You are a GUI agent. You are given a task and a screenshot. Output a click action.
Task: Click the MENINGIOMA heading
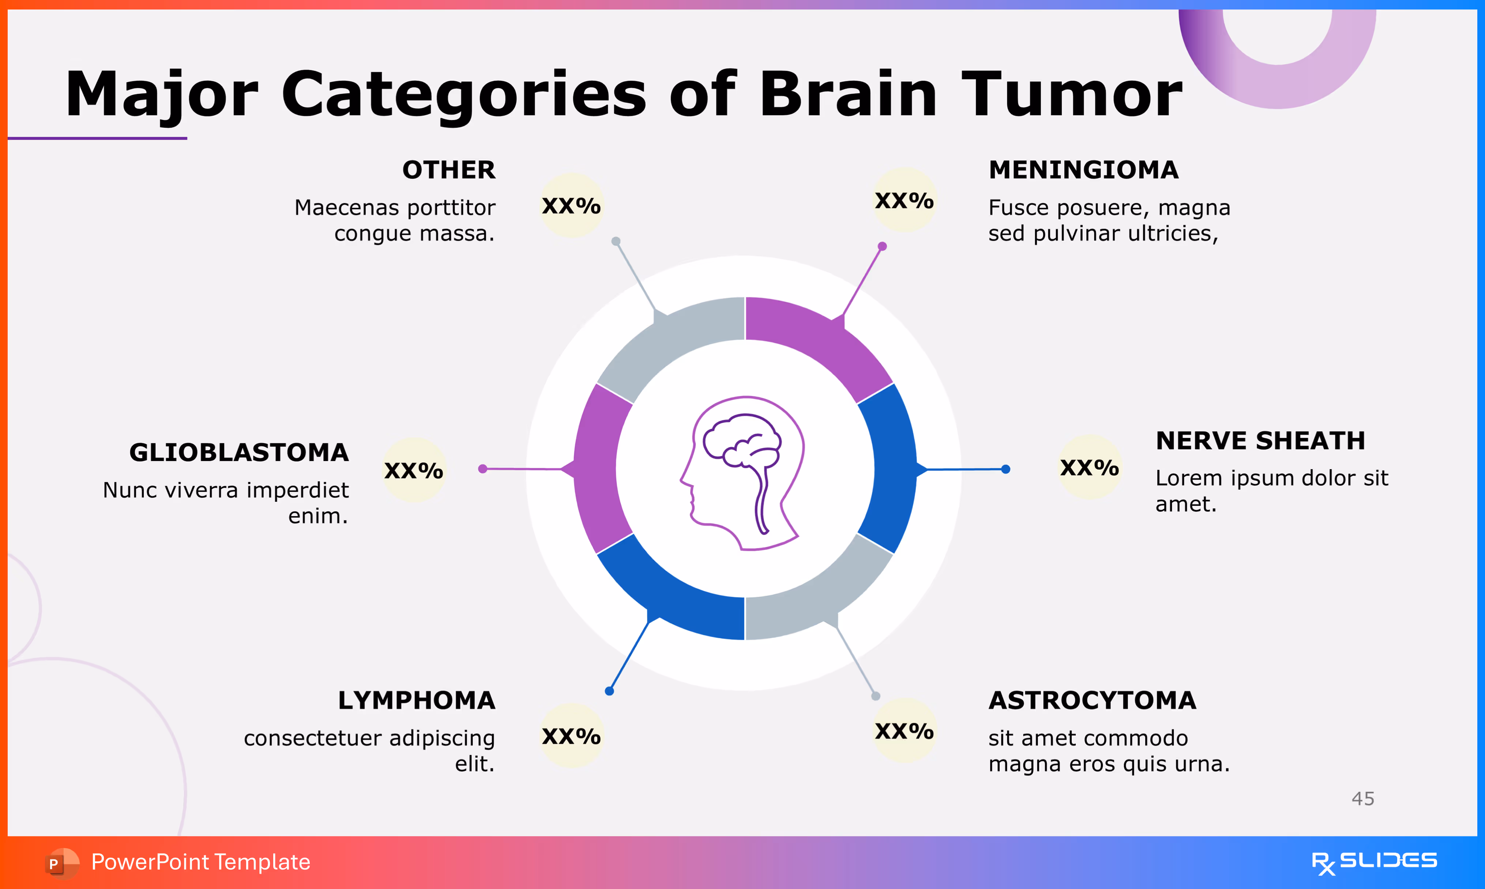(1083, 170)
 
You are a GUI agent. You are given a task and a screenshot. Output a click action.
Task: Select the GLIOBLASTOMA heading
(239, 453)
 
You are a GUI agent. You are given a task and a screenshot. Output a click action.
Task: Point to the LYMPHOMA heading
(416, 700)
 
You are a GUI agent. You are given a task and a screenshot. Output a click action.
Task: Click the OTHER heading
(448, 170)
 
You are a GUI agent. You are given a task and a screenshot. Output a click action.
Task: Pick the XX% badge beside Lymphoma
(571, 736)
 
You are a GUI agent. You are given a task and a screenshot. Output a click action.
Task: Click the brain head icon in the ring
(742, 473)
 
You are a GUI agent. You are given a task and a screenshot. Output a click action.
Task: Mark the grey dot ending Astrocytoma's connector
(875, 696)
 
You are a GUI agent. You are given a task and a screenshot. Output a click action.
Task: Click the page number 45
(1363, 799)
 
